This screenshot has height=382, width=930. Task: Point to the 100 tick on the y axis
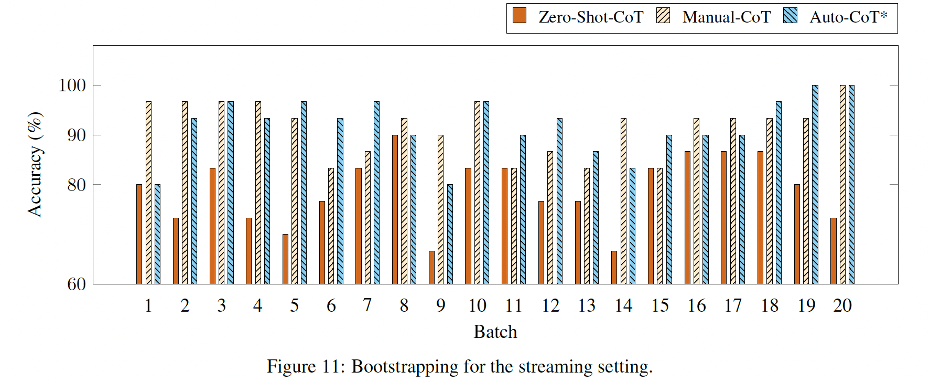pyautogui.click(x=72, y=85)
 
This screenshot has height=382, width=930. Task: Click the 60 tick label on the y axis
pyautogui.click(x=77, y=284)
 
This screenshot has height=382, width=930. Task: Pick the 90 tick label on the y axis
pyautogui.click(x=77, y=135)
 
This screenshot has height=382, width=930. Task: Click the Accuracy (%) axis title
pyautogui.click(x=35, y=164)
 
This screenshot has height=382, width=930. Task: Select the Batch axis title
pyautogui.click(x=495, y=332)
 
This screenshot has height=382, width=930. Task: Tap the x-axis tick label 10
pyautogui.click(x=477, y=305)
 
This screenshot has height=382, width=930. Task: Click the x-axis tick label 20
pyautogui.click(x=842, y=305)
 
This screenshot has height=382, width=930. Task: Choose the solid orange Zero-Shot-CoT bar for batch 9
pyautogui.click(x=431, y=268)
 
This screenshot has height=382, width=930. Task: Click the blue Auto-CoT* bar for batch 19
pyautogui.click(x=815, y=185)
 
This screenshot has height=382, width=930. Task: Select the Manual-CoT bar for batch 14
pyautogui.click(x=623, y=201)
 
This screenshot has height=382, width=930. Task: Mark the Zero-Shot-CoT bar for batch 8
pyautogui.click(x=395, y=209)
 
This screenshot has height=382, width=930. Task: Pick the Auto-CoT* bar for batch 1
pyautogui.click(x=157, y=234)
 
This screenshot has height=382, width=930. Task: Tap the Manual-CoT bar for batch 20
pyautogui.click(x=842, y=185)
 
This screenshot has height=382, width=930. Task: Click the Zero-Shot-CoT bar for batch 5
pyautogui.click(x=285, y=259)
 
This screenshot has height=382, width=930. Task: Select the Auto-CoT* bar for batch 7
pyautogui.click(x=376, y=193)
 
